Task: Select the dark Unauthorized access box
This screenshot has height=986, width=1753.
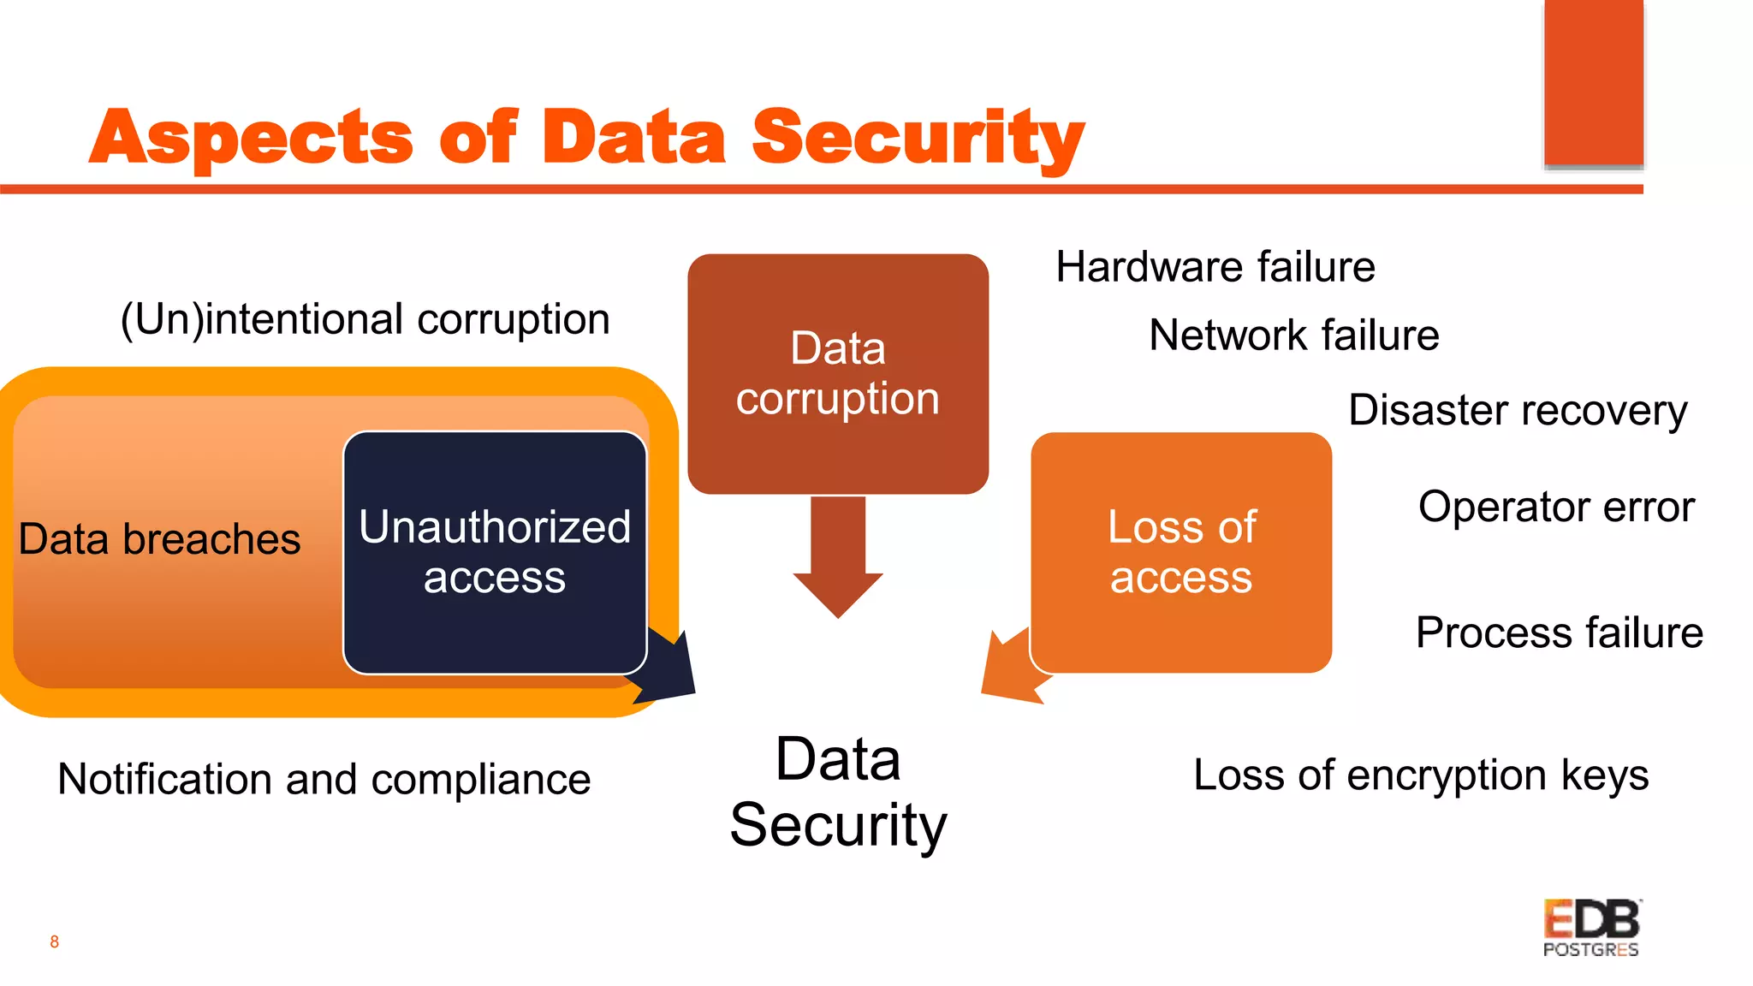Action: pyautogui.click(x=495, y=552)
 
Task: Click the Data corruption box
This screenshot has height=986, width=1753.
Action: pyautogui.click(x=838, y=373)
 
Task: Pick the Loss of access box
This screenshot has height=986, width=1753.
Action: pyautogui.click(x=1181, y=552)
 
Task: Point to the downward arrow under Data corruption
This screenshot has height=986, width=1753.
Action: pyautogui.click(x=838, y=556)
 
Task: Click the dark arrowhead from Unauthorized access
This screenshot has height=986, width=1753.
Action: pyautogui.click(x=668, y=672)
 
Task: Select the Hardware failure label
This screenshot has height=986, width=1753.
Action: pyautogui.click(x=1215, y=267)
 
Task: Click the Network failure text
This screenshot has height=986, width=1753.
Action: pyautogui.click(x=1293, y=335)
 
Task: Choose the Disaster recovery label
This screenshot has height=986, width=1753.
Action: pyautogui.click(x=1518, y=410)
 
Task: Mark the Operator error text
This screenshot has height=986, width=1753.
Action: pyautogui.click(x=1556, y=507)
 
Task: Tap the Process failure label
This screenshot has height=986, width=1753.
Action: pyautogui.click(x=1559, y=633)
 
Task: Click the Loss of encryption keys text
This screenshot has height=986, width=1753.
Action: pyautogui.click(x=1420, y=775)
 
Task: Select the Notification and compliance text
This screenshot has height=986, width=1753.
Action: pyautogui.click(x=324, y=779)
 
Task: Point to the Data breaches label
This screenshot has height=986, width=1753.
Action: pyautogui.click(x=159, y=539)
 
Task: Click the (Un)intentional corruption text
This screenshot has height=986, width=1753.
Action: pyautogui.click(x=365, y=319)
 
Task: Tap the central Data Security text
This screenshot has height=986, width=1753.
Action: pyautogui.click(x=838, y=792)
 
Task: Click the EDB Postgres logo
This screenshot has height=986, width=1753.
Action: pyautogui.click(x=1591, y=928)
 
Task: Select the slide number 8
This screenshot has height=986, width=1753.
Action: pyautogui.click(x=55, y=941)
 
